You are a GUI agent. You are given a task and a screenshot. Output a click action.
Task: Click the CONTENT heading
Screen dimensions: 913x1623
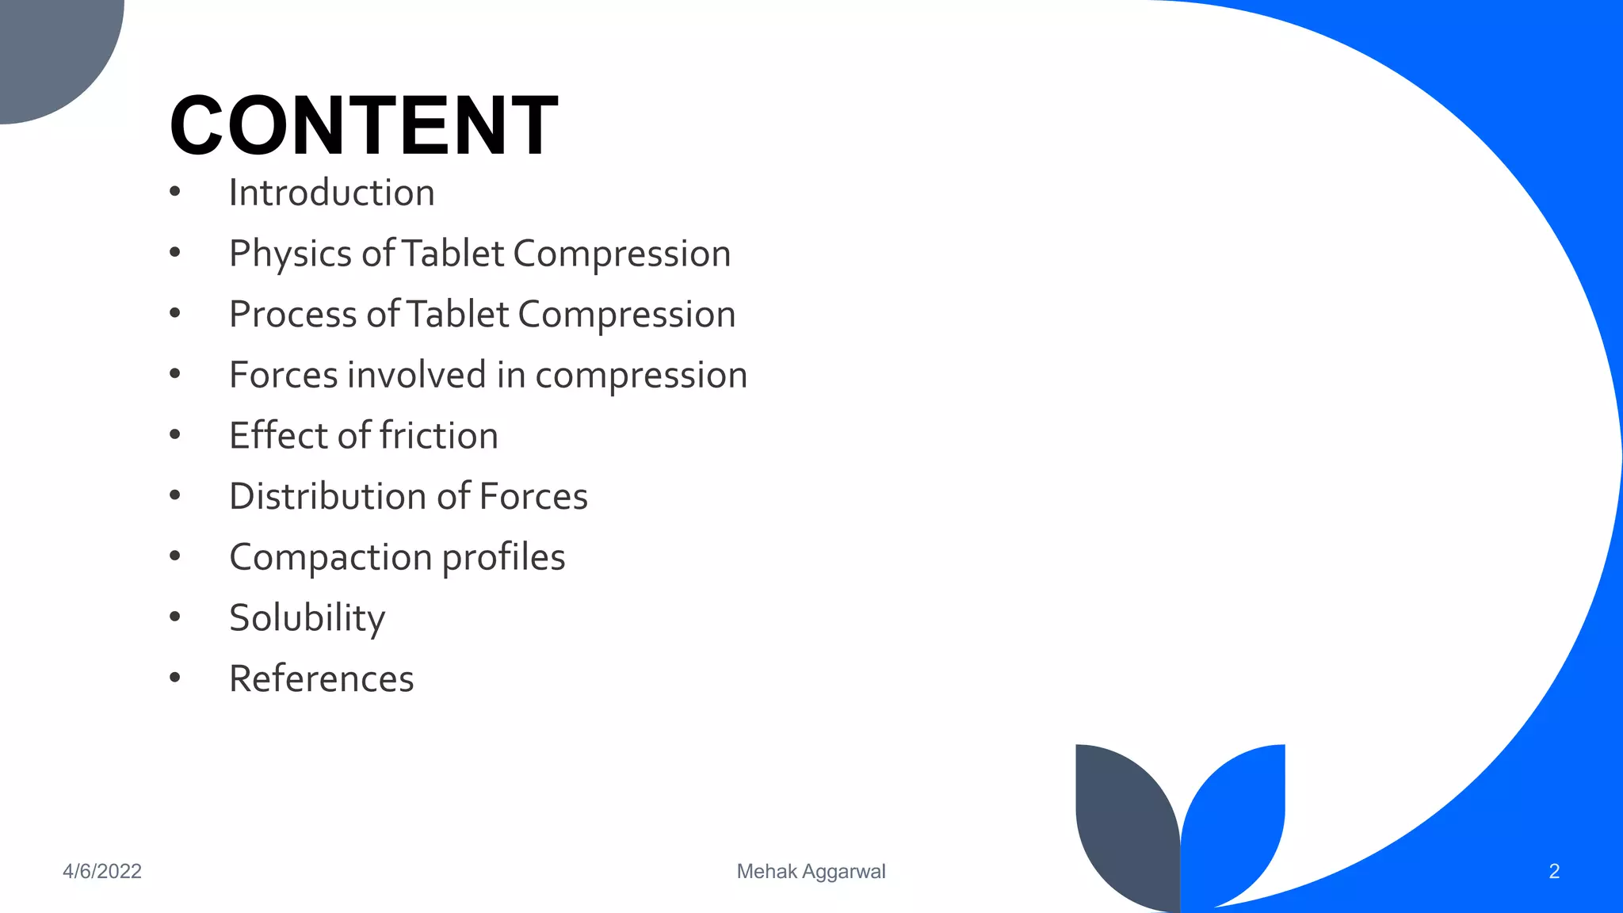pos(364,125)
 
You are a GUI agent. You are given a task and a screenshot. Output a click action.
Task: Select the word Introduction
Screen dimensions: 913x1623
pos(331,193)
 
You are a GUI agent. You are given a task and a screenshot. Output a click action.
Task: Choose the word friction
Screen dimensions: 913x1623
pos(439,436)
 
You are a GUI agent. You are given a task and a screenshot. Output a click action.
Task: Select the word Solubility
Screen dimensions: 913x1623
pos(307,618)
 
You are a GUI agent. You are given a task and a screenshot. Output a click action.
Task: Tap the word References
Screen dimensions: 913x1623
pos(321,679)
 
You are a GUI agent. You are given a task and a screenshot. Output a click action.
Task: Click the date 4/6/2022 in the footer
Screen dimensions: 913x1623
pos(102,871)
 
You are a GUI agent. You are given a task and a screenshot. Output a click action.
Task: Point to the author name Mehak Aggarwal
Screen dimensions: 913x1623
pos(811,871)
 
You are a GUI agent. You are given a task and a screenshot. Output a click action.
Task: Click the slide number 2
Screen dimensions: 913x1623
pos(1554,871)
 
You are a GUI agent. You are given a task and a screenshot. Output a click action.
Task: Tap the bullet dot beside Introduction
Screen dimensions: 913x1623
pos(175,192)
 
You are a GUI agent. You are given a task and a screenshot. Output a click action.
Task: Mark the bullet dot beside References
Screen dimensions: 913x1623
pos(175,678)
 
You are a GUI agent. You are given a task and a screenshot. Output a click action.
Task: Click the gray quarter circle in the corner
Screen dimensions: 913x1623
pos(48,48)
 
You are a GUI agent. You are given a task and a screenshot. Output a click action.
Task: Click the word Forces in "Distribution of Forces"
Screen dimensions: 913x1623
pos(533,497)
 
